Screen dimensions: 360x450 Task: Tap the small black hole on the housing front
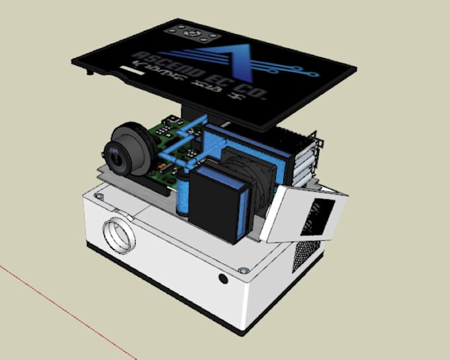[223, 279]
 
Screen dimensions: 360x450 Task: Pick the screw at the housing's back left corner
[99, 196]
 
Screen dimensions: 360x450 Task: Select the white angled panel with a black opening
[304, 212]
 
